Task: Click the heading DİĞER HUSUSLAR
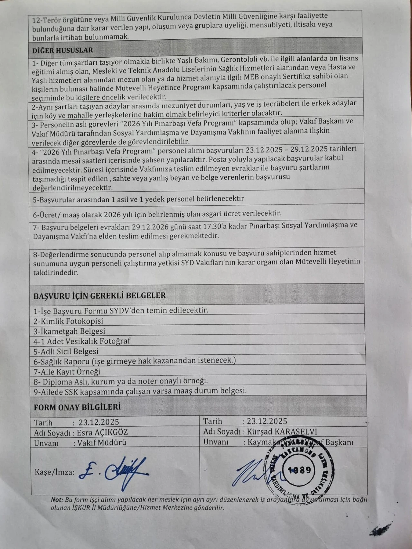62,50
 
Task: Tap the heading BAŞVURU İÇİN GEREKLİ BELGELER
99,295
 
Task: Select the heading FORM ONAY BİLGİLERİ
77,407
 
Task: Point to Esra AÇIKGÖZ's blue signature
114,472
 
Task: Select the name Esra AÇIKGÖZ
103,432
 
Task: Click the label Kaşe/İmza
54,472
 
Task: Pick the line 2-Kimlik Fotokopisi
68,321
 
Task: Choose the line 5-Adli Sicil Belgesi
66,351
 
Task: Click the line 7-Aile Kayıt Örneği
67,372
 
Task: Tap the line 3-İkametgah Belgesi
69,331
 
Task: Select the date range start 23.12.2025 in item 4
264,150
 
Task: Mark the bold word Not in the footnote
57,500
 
